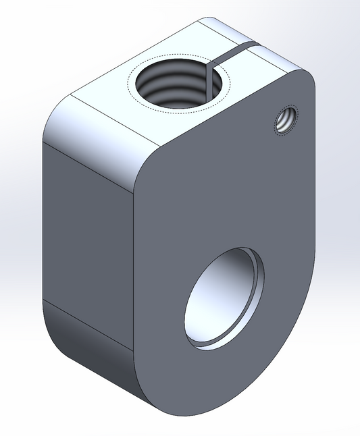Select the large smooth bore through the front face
tap(223, 297)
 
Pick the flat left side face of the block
tap(88, 229)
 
